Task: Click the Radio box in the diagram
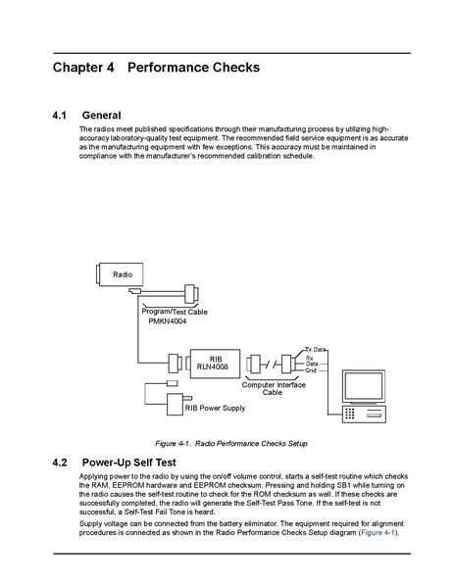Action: [119, 274]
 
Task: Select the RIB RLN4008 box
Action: [215, 364]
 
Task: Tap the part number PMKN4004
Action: [168, 321]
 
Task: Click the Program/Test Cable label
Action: [175, 312]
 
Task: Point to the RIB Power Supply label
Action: [215, 408]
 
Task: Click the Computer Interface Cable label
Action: [274, 389]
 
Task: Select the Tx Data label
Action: [316, 349]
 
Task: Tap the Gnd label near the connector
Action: [311, 370]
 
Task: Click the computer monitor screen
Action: [364, 386]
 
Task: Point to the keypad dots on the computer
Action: [349, 414]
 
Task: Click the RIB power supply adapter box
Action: [175, 405]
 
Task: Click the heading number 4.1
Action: [59, 116]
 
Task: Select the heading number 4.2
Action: [60, 463]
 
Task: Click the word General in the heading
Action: [102, 116]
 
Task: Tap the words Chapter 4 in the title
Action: [83, 68]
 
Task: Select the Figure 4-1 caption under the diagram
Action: [231, 444]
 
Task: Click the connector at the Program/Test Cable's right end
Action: [191, 294]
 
